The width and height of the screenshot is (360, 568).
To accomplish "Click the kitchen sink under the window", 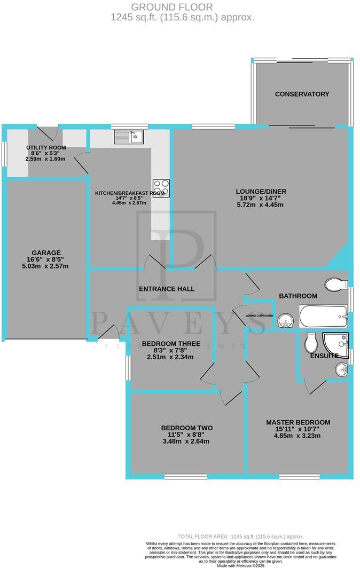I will [x=128, y=138].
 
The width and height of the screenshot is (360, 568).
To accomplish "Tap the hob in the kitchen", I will [x=161, y=188].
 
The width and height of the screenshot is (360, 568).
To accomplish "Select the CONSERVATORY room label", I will [x=302, y=94].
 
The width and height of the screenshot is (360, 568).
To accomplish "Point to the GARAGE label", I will [x=46, y=253].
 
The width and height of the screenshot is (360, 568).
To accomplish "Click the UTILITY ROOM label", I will [x=46, y=147].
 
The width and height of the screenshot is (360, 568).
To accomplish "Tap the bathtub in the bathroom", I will [x=323, y=317].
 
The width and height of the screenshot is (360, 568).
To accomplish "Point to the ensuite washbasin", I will [x=341, y=368].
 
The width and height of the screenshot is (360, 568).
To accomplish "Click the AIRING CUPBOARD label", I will [x=260, y=316].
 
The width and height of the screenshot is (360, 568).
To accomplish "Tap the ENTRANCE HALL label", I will [x=167, y=289].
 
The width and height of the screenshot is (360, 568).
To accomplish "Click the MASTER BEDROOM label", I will [x=298, y=422].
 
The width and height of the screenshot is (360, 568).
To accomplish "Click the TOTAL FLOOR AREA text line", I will [x=240, y=537].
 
